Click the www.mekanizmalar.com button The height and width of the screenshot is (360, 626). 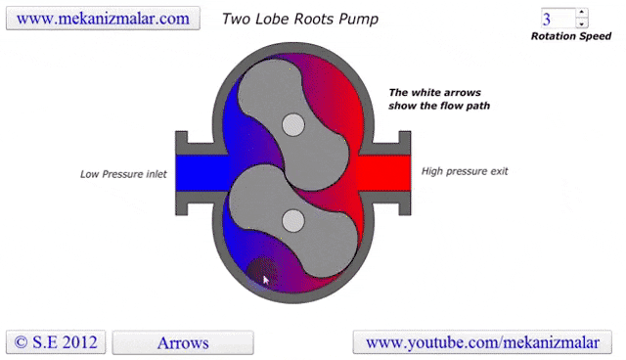(x=103, y=19)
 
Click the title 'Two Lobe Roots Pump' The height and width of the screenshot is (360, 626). (x=300, y=19)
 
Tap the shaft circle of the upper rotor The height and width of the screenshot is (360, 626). (x=292, y=124)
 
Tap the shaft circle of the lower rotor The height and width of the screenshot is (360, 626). (x=292, y=221)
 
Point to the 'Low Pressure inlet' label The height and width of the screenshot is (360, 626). (x=123, y=175)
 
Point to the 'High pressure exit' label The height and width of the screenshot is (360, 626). (x=465, y=171)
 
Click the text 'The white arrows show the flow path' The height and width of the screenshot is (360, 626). (x=439, y=99)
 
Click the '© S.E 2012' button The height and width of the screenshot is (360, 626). (x=56, y=342)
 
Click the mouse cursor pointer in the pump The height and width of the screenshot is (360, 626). (x=265, y=279)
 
